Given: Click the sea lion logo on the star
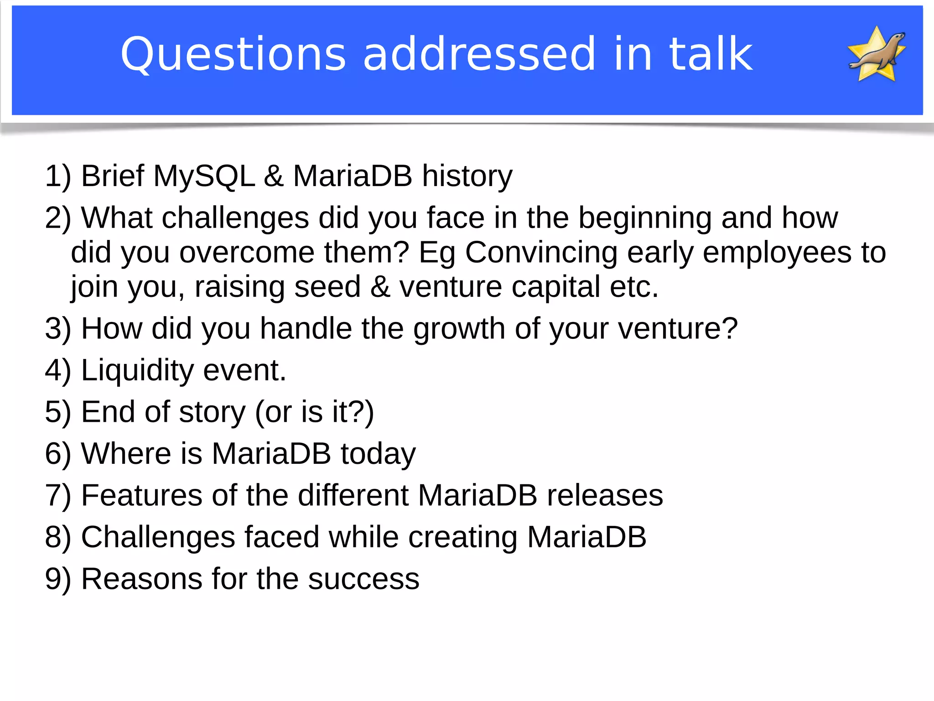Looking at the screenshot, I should click(x=877, y=54).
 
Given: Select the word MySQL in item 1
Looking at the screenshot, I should click(x=204, y=176).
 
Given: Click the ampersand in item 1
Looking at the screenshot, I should click(x=274, y=176).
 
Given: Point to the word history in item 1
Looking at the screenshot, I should click(x=467, y=176).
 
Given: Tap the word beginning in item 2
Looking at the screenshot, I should click(x=644, y=218).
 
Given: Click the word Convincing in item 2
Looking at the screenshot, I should click(x=541, y=252).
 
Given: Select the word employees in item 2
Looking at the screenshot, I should click(x=777, y=252).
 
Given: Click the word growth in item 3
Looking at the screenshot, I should click(x=459, y=328).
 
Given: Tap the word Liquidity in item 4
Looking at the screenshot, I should click(x=137, y=370).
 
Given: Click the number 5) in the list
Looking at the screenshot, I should click(x=58, y=412).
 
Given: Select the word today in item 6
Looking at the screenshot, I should click(x=378, y=454).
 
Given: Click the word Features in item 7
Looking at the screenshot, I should click(x=141, y=495).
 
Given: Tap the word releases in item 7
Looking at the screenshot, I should click(x=605, y=495).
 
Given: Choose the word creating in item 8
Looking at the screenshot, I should click(x=462, y=537).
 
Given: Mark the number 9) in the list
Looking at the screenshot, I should click(x=58, y=579).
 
